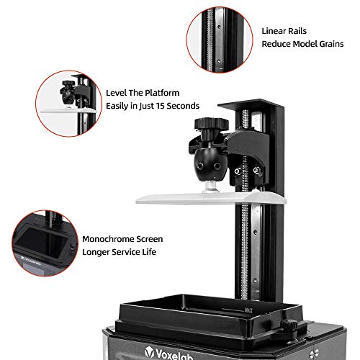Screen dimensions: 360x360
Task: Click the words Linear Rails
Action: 284,31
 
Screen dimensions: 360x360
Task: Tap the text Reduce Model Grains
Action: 302,44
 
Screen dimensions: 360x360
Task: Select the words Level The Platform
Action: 143,93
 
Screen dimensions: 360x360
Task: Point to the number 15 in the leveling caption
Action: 160,106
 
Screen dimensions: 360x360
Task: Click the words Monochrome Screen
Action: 122,239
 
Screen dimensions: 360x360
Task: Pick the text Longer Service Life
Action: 119,252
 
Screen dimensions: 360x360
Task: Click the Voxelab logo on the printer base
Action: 168,354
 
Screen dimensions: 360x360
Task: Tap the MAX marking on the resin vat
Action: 248,310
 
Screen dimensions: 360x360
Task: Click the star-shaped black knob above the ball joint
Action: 211,125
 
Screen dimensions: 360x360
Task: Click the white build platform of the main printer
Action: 211,198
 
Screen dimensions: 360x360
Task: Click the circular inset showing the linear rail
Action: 220,40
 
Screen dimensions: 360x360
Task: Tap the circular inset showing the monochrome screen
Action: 45,243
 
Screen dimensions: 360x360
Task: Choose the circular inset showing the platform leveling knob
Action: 68,104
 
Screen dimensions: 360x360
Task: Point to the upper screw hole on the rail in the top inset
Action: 219,27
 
